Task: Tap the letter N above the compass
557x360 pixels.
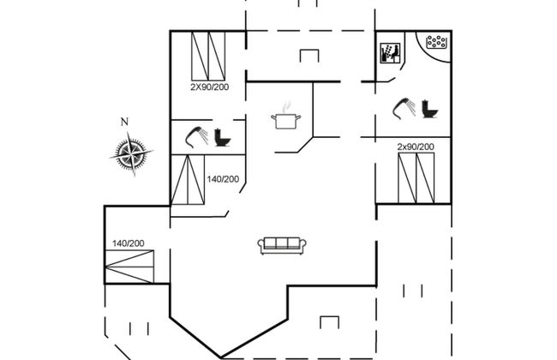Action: (x=125, y=122)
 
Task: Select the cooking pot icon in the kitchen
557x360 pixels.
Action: (x=285, y=118)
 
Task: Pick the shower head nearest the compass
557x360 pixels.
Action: (x=195, y=135)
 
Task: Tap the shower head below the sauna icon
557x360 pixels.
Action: (x=401, y=107)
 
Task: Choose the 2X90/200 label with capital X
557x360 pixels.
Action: (x=208, y=87)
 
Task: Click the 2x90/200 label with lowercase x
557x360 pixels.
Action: (x=416, y=147)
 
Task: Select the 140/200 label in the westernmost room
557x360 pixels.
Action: (x=129, y=243)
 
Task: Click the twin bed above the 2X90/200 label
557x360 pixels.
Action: (x=208, y=56)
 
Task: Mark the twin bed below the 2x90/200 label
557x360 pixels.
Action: (x=416, y=178)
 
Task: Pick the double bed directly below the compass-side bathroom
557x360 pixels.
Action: (x=188, y=182)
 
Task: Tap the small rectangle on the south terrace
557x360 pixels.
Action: (x=329, y=322)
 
